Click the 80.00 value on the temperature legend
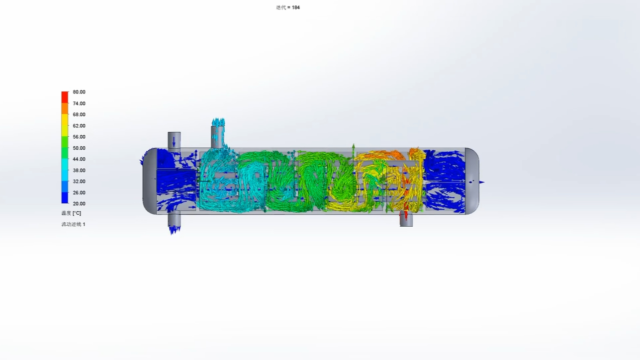79,92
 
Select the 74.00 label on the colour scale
79,103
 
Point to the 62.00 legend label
79,126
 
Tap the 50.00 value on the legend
79,148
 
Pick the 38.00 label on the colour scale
79,171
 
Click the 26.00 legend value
79,193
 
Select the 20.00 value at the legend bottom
79,204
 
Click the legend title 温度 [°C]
71,213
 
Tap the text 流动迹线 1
73,224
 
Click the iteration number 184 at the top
295,7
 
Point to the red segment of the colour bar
65,96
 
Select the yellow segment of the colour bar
65,125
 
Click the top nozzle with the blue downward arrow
174,140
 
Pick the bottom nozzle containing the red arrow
406,219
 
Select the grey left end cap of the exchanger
149,181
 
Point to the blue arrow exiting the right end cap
481,182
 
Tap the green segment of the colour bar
65,147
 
